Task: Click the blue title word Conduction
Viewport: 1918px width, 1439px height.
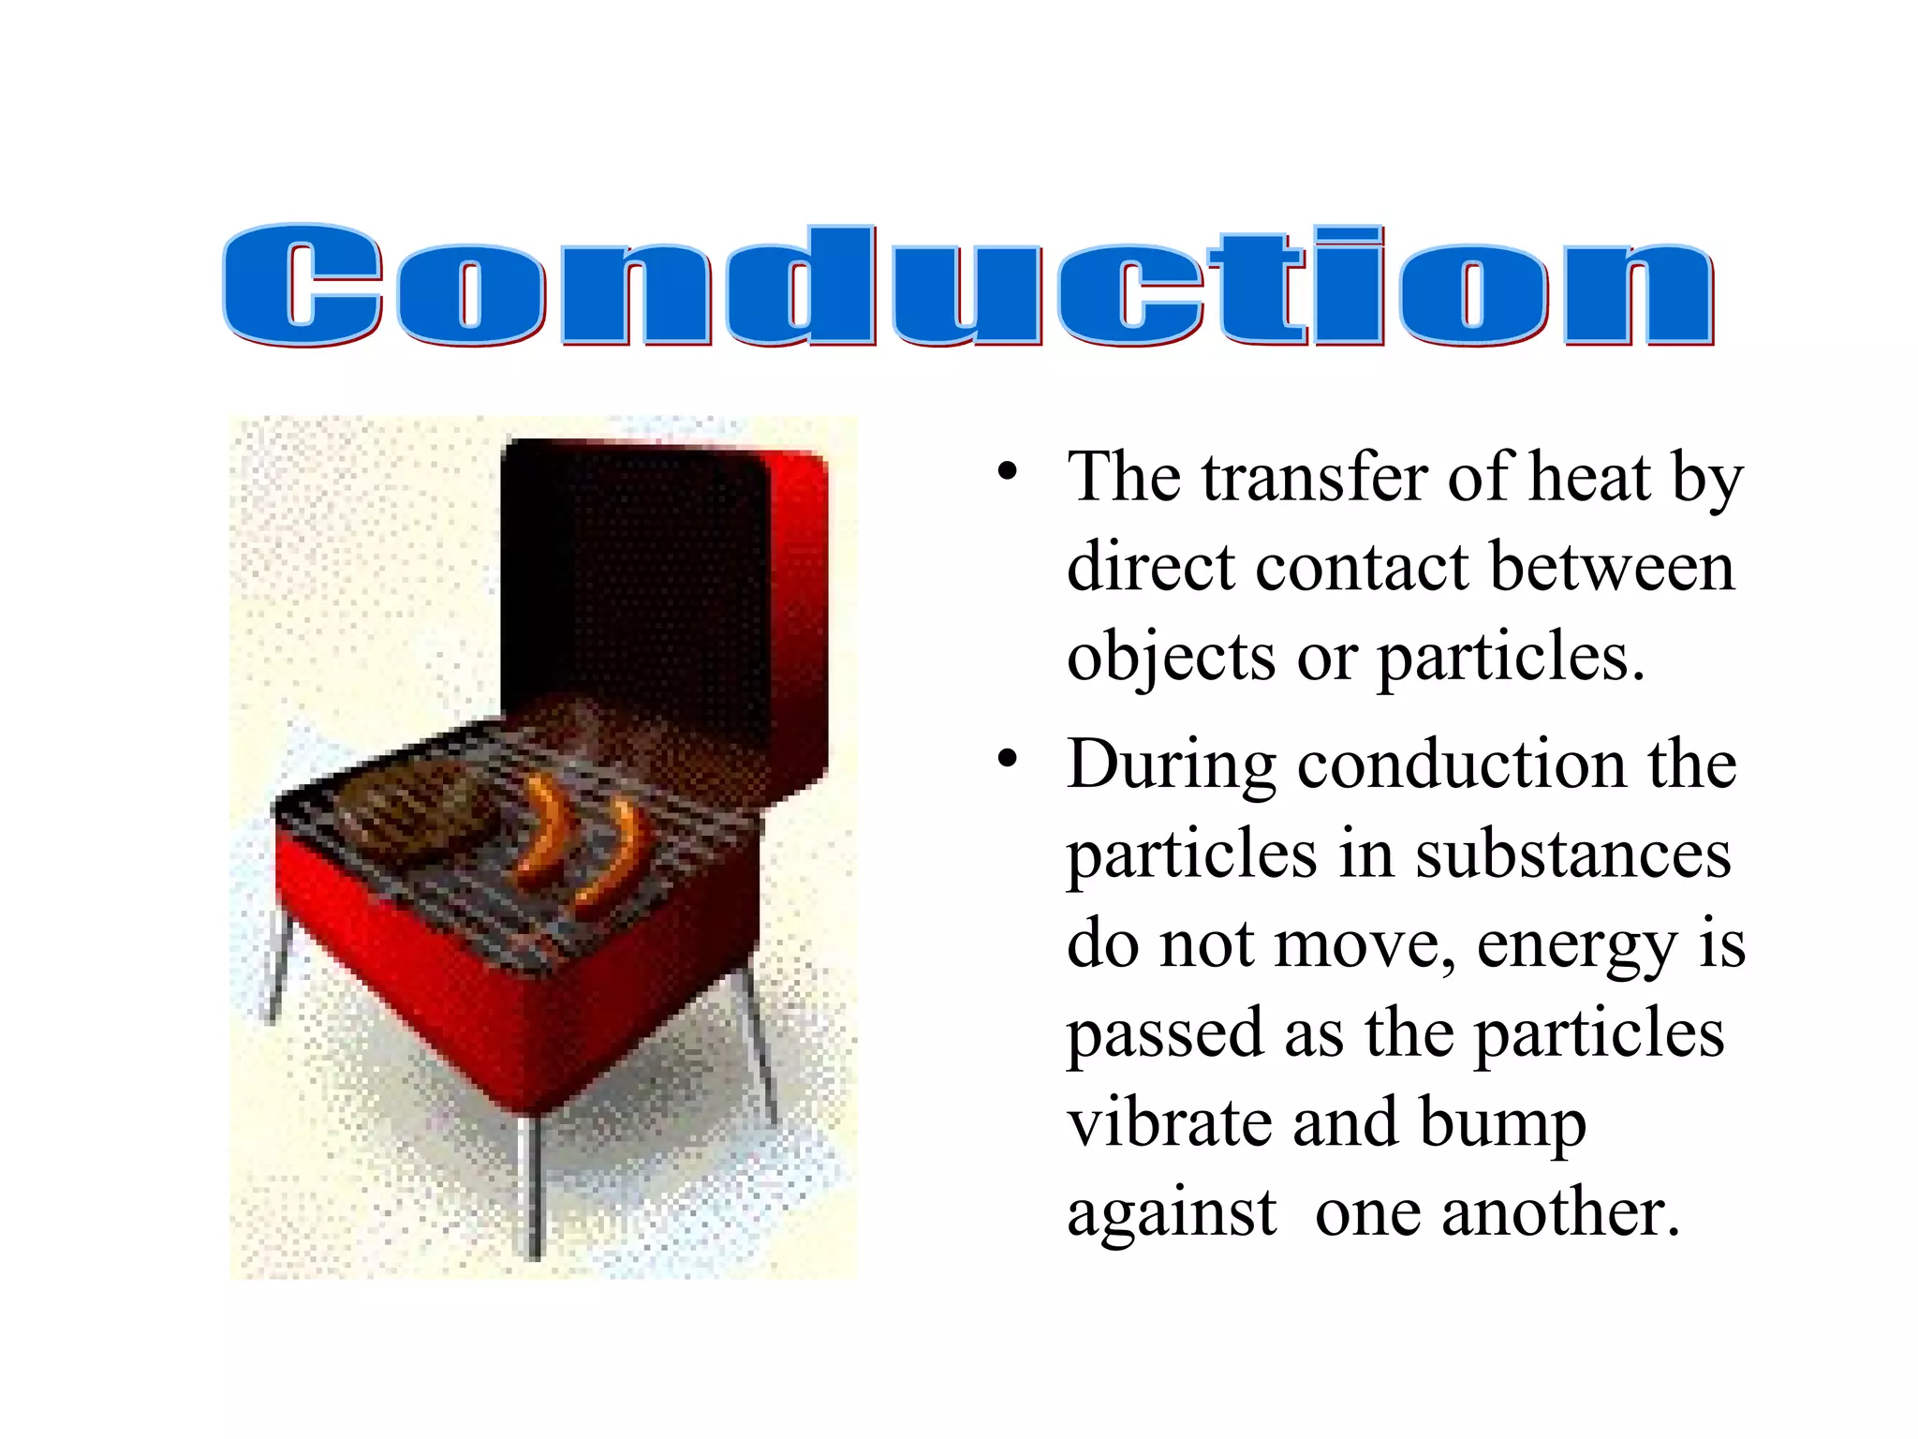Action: tap(968, 285)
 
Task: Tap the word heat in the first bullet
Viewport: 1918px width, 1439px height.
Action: tap(1588, 478)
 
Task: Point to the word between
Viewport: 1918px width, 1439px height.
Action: tap(1612, 568)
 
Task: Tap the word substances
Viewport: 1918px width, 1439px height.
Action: tap(1572, 854)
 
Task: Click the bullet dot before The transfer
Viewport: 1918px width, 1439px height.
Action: tap(1007, 472)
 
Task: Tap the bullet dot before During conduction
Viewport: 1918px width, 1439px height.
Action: tap(1007, 759)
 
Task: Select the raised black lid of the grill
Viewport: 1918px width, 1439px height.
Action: tap(637, 581)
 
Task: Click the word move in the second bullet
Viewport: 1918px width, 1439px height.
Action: tap(1362, 944)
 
